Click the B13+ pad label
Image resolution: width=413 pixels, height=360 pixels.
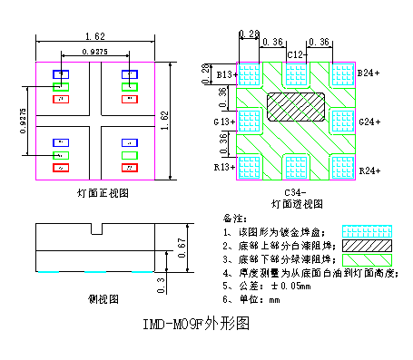(225, 73)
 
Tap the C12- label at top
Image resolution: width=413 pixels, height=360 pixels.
(296, 54)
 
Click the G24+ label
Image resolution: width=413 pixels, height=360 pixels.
(369, 121)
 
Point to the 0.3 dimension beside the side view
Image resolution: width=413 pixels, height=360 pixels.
(162, 284)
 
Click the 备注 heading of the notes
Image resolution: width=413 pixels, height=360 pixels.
(233, 219)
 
